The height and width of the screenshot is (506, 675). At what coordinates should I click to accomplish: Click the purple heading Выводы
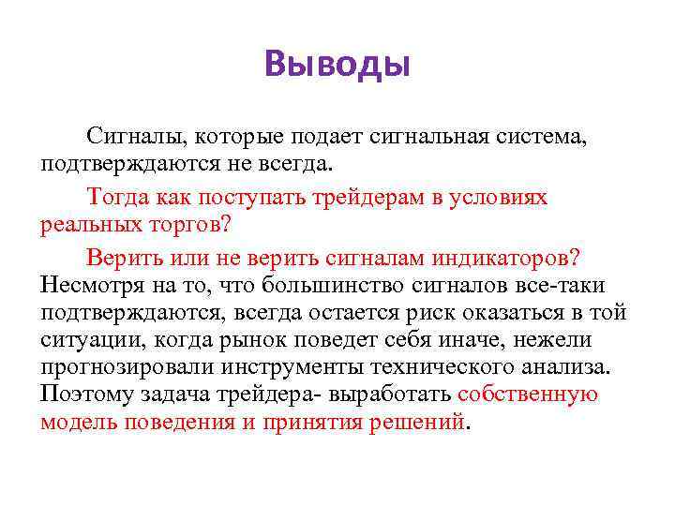[337, 65]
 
